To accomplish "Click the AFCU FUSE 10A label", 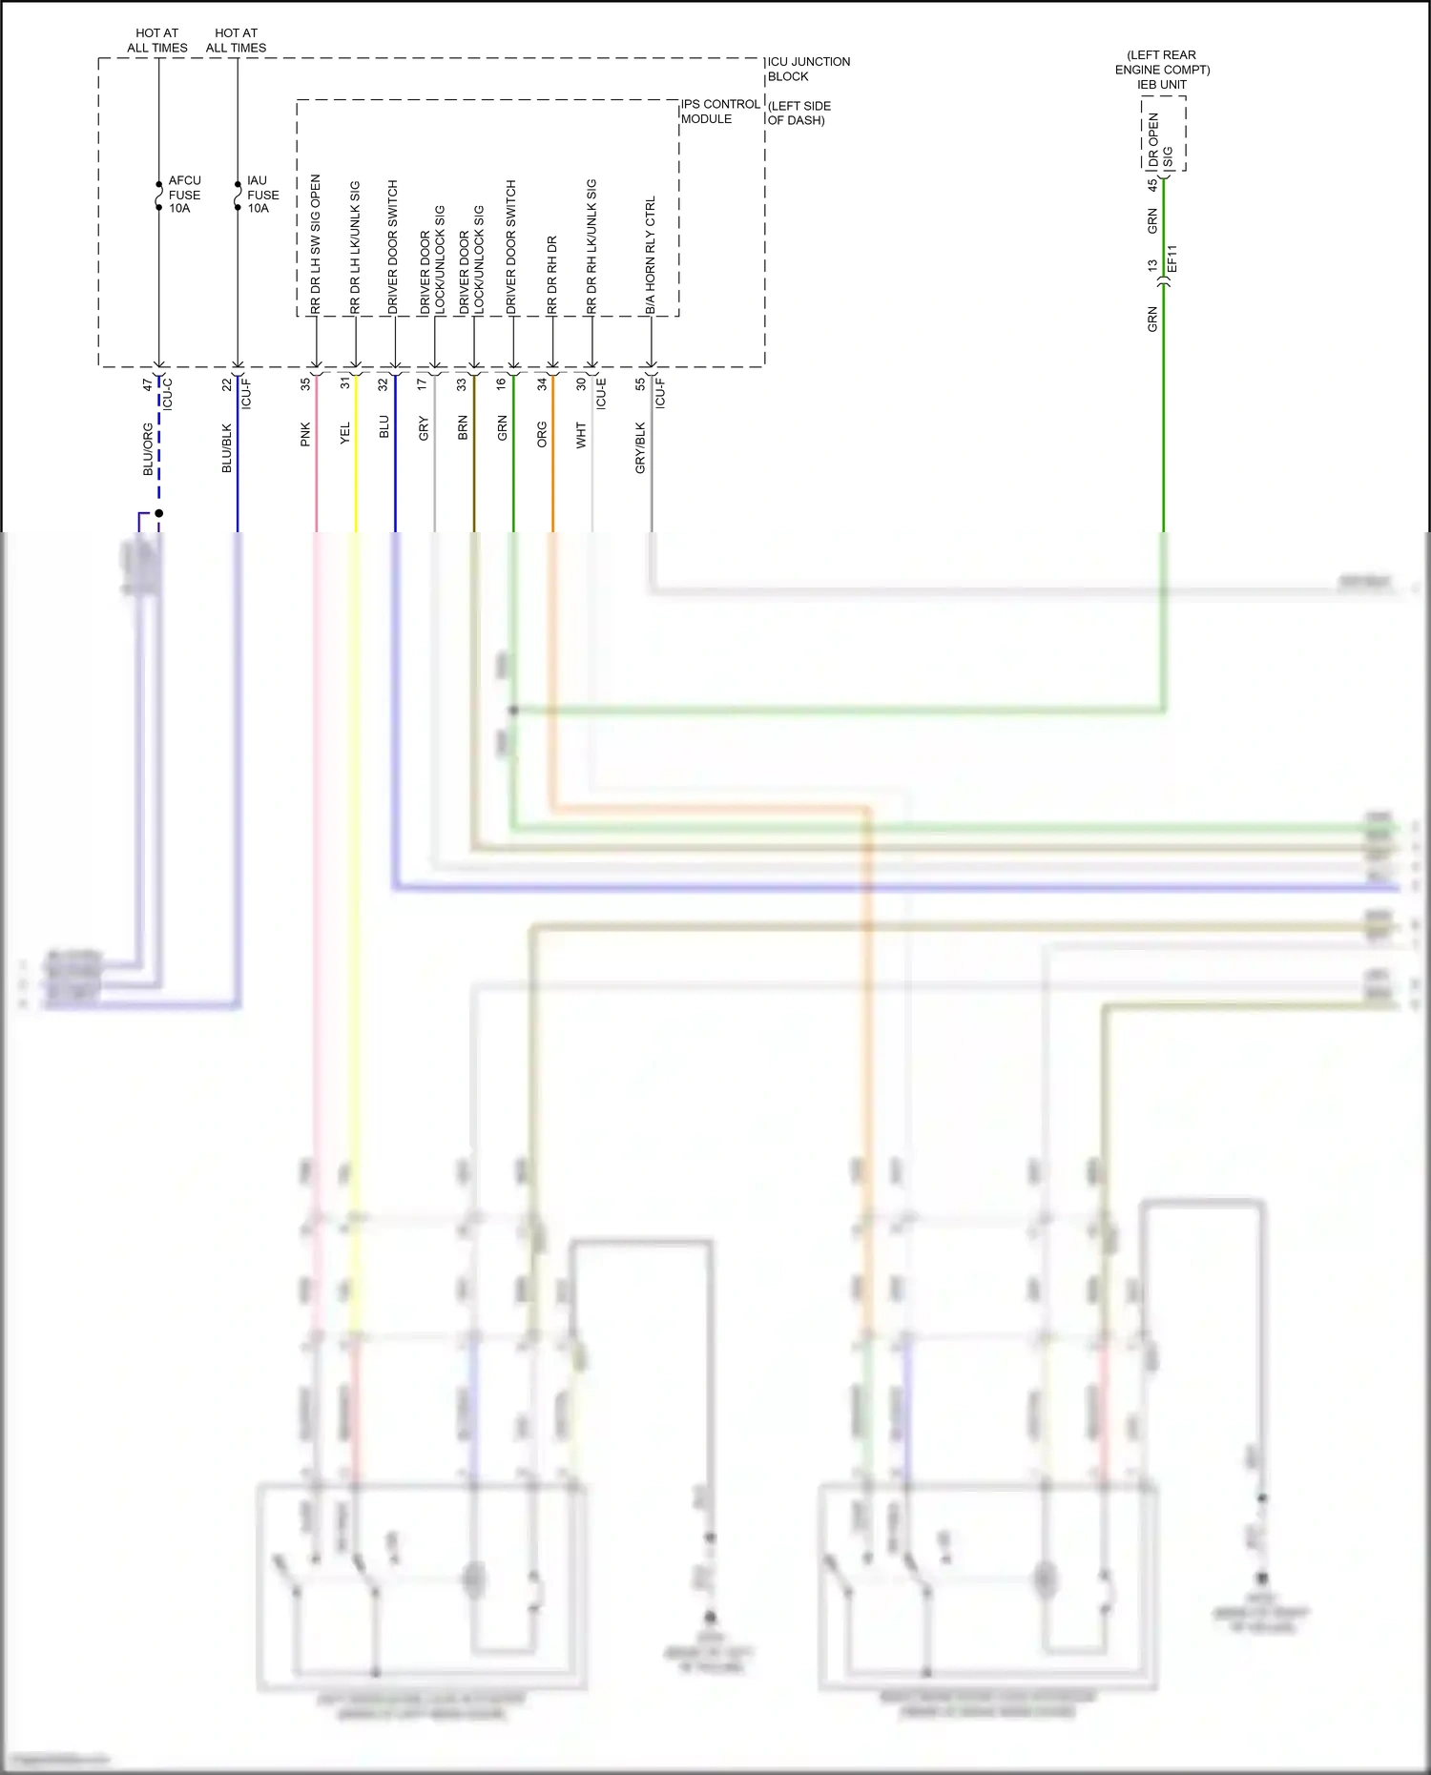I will pos(184,195).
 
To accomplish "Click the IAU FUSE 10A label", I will pos(262,195).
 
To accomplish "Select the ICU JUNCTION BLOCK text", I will pos(808,69).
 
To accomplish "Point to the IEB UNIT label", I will pos(1161,85).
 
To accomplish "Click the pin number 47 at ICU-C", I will pos(147,384).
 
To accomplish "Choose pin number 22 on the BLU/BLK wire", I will pos(226,384).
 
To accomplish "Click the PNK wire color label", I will pos(305,434).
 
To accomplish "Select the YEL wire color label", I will pos(345,433).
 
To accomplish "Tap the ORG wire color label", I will pos(542,434).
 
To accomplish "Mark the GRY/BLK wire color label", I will pos(640,448).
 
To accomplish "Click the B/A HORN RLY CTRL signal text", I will pos(651,255).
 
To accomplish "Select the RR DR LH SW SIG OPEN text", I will pos(316,243).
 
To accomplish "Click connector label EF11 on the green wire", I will pos(1172,258).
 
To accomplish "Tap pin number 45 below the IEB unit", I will pos(1151,185).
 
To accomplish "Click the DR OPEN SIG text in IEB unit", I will pos(1160,140).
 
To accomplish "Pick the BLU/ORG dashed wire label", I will pos(148,448).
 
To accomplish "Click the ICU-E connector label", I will pos(601,393).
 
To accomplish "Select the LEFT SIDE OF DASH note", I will pos(798,113).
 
